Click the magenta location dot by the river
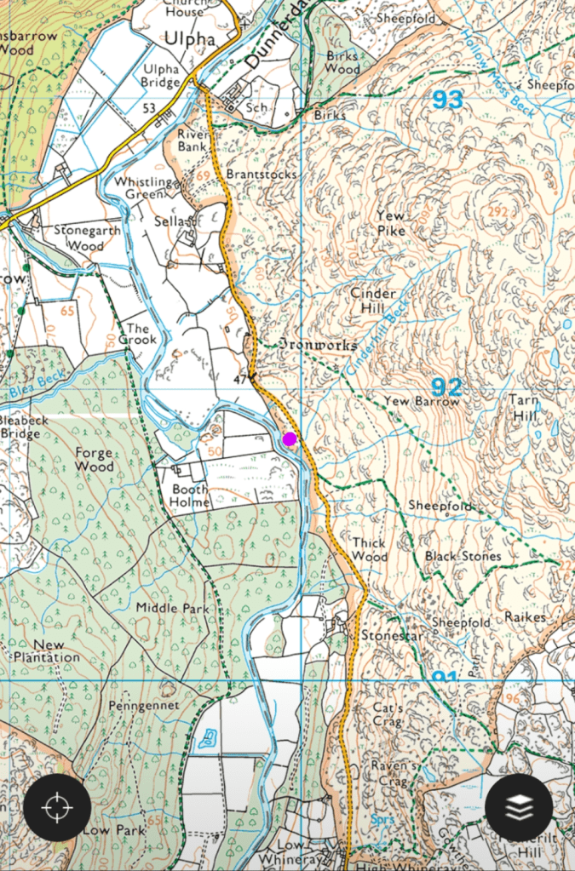click(x=290, y=438)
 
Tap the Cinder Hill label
click(x=373, y=301)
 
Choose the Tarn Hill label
click(x=525, y=408)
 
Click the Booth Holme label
click(x=190, y=496)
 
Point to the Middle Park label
click(x=171, y=608)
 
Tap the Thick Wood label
click(x=370, y=549)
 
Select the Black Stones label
click(x=463, y=556)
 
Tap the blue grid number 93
click(x=447, y=100)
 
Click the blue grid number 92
click(x=447, y=385)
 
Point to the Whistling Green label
click(x=144, y=187)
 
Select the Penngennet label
click(x=144, y=706)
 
